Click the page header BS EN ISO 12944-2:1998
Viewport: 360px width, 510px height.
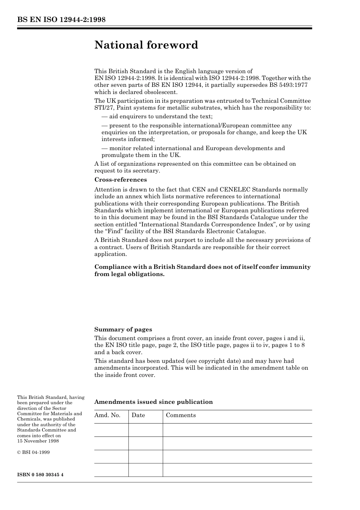[61, 20]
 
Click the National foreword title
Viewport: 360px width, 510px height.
[146, 45]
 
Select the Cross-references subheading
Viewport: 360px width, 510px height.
[121, 180]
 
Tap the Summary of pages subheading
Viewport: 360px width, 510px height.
[123, 330]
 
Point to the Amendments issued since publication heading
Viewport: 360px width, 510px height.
[153, 402]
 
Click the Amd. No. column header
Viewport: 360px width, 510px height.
[107, 415]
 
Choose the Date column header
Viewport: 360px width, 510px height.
[138, 415]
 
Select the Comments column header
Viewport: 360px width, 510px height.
[181, 415]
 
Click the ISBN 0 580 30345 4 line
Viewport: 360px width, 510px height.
[40, 475]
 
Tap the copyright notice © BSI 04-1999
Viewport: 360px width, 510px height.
[33, 452]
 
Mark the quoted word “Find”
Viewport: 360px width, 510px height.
[113, 231]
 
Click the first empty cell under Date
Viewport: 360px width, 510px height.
[146, 430]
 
